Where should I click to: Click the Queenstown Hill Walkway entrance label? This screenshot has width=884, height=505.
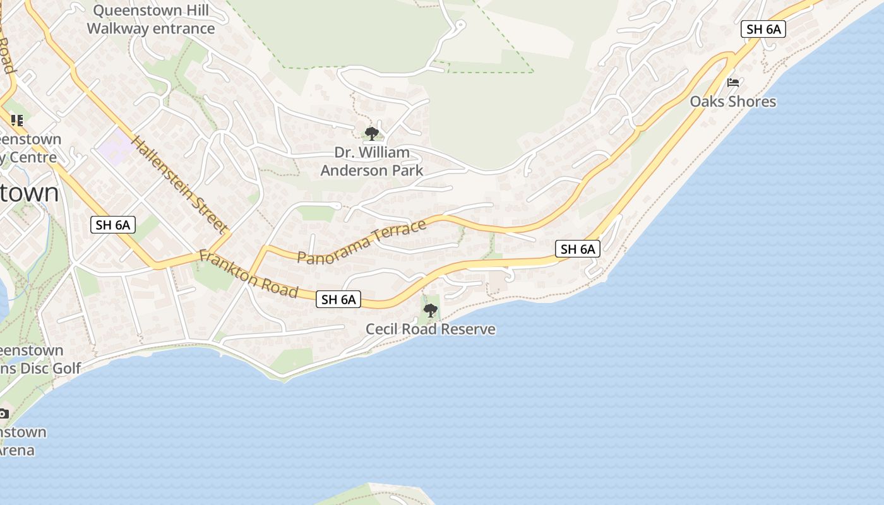(x=151, y=20)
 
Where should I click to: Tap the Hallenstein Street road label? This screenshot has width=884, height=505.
(x=179, y=184)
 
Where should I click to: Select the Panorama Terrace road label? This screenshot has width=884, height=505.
(x=362, y=242)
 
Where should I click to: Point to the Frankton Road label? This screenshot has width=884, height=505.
(x=248, y=273)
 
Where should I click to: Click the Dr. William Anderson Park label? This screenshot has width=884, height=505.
(x=372, y=162)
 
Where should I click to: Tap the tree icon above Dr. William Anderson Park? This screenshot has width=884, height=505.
(x=372, y=133)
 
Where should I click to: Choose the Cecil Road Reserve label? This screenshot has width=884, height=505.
(x=431, y=329)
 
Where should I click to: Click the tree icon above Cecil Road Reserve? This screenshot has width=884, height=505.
(x=431, y=310)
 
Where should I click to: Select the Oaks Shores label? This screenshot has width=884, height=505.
(x=732, y=102)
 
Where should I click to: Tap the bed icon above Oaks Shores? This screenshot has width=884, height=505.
(x=733, y=83)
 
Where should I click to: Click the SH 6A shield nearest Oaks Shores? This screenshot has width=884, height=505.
(x=764, y=29)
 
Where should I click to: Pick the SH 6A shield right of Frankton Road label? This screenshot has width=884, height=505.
(x=338, y=299)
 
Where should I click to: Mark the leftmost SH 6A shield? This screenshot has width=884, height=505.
(x=113, y=224)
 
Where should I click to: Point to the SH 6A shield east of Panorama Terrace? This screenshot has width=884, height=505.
(x=578, y=249)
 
